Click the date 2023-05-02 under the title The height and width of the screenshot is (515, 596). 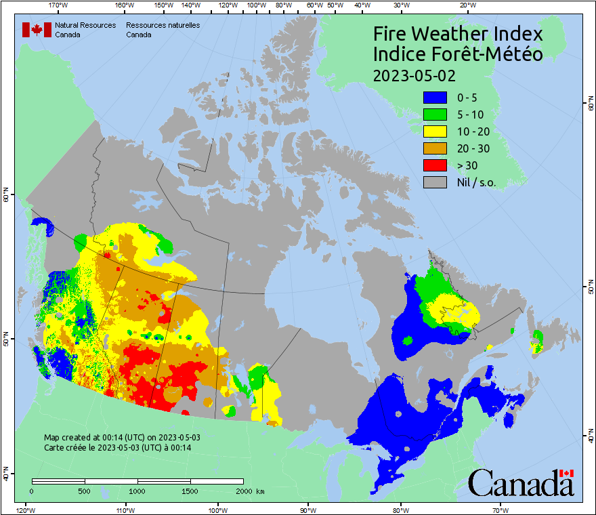pyautogui.click(x=414, y=75)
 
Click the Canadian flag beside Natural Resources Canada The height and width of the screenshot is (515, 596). pyautogui.click(x=37, y=30)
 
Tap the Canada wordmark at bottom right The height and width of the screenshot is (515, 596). pyautogui.click(x=521, y=482)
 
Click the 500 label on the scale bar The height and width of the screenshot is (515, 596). pyautogui.click(x=85, y=491)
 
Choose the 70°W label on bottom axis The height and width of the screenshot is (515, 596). pyautogui.click(x=500, y=509)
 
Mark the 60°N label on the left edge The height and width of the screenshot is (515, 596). pyautogui.click(x=6, y=197)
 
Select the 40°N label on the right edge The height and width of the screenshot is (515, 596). pyautogui.click(x=591, y=437)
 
